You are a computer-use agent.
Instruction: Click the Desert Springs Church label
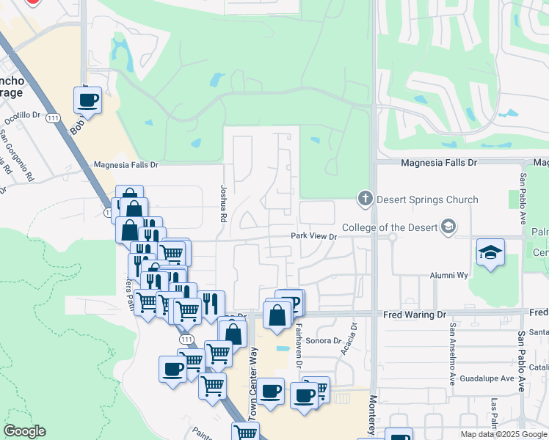[x=427, y=199]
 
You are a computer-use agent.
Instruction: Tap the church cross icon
[x=365, y=199]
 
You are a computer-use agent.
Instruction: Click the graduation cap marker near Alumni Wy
[x=490, y=252]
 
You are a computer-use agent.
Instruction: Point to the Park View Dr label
[x=313, y=236]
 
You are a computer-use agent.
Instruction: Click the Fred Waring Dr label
[x=414, y=315]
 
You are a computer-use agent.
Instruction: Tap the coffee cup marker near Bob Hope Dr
[x=87, y=100]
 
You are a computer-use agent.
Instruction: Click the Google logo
[x=24, y=431]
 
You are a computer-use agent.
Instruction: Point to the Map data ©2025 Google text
[x=503, y=434]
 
